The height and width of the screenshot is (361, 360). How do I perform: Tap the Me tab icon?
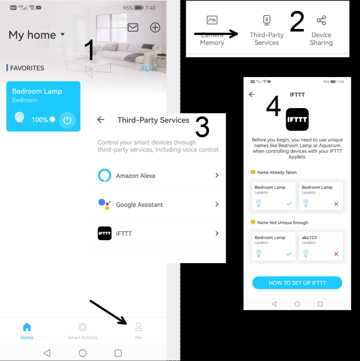pyautogui.click(x=138, y=327)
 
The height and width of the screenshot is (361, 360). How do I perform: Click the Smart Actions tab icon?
pyautogui.click(x=82, y=327)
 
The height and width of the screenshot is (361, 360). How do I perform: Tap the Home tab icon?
pyautogui.click(x=27, y=327)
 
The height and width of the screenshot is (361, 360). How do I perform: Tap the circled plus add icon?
pyautogui.click(x=155, y=28)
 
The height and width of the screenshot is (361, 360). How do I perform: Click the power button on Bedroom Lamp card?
pyautogui.click(x=67, y=120)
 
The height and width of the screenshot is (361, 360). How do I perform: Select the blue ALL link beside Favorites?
pyautogui.click(x=146, y=68)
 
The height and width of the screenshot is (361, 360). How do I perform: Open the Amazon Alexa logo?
pyautogui.click(x=104, y=176)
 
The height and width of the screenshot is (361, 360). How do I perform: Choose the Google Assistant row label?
pyautogui.click(x=139, y=205)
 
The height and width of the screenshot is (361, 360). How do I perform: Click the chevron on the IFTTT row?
pyautogui.click(x=217, y=233)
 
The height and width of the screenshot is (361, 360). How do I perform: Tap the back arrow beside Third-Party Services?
pyautogui.click(x=101, y=120)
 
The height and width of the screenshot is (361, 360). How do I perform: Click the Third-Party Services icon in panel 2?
pyautogui.click(x=267, y=20)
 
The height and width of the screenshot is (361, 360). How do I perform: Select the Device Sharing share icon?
pyautogui.click(x=321, y=20)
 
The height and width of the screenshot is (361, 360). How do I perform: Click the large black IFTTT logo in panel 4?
pyautogui.click(x=297, y=120)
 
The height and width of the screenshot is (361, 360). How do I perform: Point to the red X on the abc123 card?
pyautogui.click(x=336, y=254)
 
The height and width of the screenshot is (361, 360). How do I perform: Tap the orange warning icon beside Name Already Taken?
pyautogui.click(x=253, y=172)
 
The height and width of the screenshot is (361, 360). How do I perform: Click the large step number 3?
pyautogui.click(x=202, y=127)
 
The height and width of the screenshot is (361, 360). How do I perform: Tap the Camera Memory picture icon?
pyautogui.click(x=212, y=20)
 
